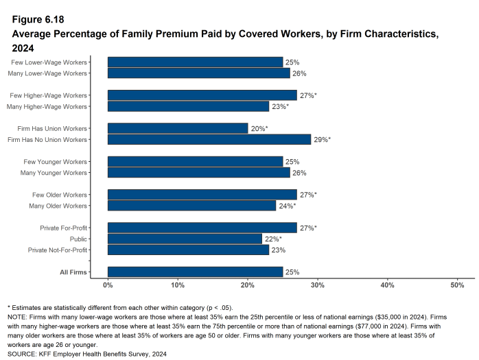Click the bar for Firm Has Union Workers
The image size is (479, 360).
[178, 128]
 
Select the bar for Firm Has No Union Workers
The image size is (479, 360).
[209, 139]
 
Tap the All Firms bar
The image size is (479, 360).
[195, 272]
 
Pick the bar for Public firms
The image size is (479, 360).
[185, 239]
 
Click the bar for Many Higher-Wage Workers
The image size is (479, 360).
[188, 106]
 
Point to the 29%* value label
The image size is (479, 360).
[322, 139]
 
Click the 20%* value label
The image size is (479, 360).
[259, 128]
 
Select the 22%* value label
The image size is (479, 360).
[272, 239]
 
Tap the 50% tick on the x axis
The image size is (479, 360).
[457, 284]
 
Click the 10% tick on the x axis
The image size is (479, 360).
[178, 284]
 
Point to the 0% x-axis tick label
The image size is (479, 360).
[108, 284]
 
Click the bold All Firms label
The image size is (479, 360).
[73, 272]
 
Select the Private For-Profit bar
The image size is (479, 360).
[202, 228]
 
